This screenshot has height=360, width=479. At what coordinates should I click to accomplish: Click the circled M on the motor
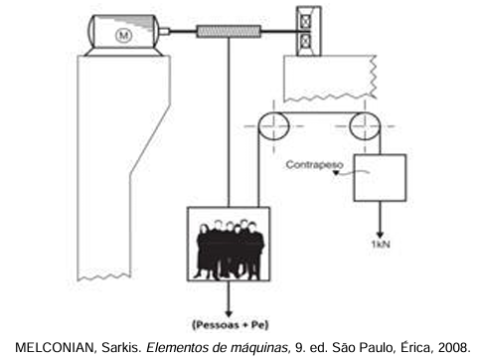coord(123,35)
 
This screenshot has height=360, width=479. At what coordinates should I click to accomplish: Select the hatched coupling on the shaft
coord(229,32)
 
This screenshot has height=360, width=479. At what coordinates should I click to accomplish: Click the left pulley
coord(273,126)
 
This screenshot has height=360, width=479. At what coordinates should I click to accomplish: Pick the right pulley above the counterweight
coord(365,126)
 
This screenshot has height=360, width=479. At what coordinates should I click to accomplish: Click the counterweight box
coord(380,178)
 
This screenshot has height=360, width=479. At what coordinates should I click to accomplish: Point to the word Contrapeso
coord(314,164)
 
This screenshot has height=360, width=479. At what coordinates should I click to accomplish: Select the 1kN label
coord(381,245)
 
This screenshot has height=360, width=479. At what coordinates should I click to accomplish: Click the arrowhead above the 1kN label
coord(380,235)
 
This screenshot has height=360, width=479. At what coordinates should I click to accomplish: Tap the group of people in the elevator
coord(230,250)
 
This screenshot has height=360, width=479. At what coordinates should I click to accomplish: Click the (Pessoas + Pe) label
coord(231,324)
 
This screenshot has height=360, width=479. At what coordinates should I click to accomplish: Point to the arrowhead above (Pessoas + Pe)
coord(229,313)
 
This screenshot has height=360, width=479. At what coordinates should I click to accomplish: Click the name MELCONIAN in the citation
coord(55,347)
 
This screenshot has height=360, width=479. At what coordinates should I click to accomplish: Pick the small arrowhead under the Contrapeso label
coord(336,173)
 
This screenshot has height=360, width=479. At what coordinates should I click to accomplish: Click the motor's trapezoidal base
coord(123,52)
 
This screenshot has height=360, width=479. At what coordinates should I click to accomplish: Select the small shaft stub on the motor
coord(165,32)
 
